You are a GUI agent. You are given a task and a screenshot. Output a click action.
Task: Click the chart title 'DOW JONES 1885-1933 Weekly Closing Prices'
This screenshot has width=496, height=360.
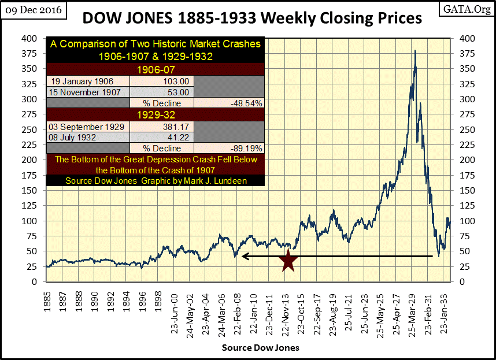(252, 18)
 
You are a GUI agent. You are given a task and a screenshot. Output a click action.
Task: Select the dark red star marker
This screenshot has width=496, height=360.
(288, 261)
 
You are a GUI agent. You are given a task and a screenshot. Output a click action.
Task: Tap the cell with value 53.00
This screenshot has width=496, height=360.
(162, 92)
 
